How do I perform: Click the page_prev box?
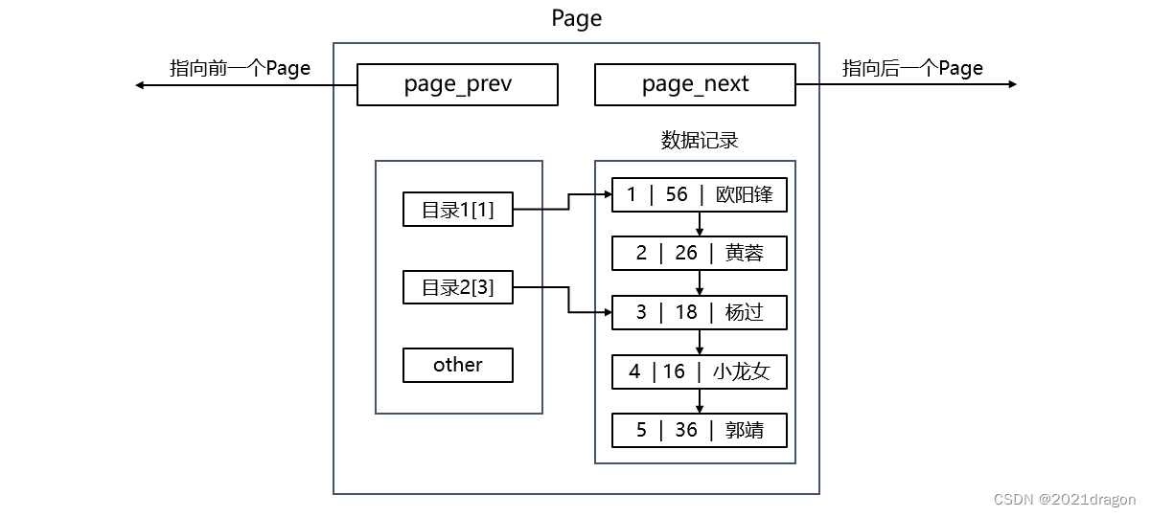click(x=457, y=84)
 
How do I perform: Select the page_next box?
click(x=695, y=84)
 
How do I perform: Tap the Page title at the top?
click(x=577, y=18)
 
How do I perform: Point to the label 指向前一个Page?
click(x=240, y=68)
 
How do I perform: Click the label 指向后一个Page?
click(x=912, y=68)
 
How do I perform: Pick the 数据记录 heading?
click(x=700, y=141)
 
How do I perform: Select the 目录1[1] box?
click(x=458, y=210)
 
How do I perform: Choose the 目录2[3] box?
click(x=458, y=286)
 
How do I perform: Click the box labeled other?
click(x=458, y=365)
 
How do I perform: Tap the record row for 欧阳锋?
click(x=700, y=195)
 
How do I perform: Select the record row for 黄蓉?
click(x=700, y=254)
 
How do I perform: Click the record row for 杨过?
click(x=700, y=313)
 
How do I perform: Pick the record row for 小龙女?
click(x=700, y=371)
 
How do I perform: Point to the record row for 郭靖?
click(x=700, y=430)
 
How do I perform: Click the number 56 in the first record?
click(x=677, y=195)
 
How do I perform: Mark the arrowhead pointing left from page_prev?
click(x=140, y=85)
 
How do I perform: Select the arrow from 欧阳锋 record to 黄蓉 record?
click(x=700, y=224)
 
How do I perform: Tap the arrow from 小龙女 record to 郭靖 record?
click(x=700, y=401)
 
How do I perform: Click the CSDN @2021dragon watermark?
click(x=1065, y=500)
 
